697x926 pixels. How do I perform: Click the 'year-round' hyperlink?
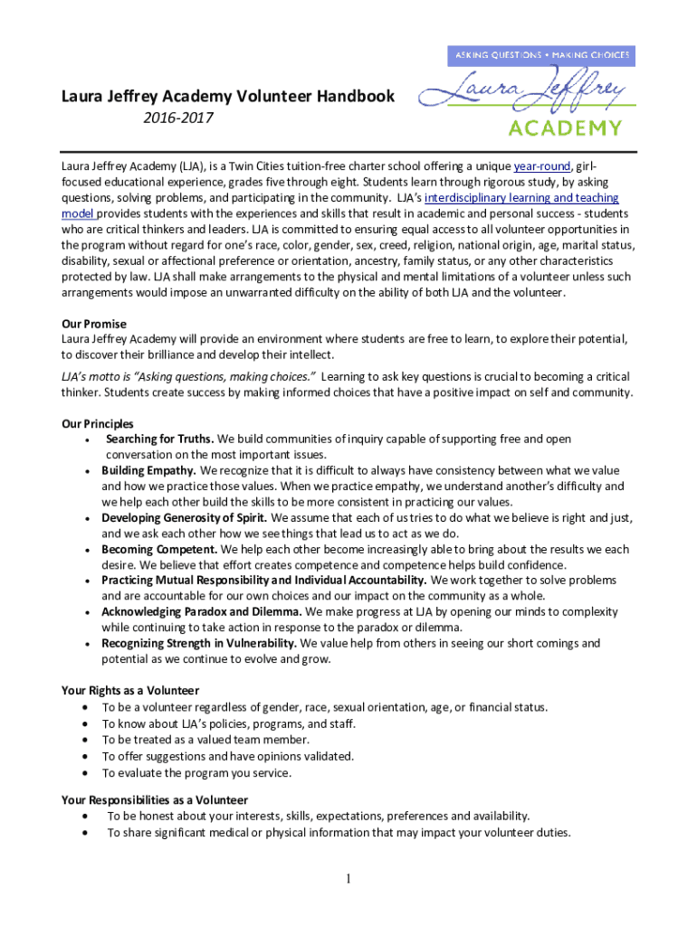[x=542, y=166]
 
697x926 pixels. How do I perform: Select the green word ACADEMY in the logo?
[x=565, y=127]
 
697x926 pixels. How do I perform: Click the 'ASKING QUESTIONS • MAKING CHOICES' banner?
[x=541, y=55]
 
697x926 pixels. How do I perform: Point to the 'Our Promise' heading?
[x=93, y=324]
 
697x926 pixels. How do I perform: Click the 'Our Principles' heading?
[x=97, y=423]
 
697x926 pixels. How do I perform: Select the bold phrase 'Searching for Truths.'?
[x=159, y=439]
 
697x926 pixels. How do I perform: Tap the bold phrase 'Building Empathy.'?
[x=148, y=471]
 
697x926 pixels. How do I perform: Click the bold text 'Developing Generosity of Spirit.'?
[x=184, y=518]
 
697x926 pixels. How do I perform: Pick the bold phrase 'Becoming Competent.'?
[x=159, y=549]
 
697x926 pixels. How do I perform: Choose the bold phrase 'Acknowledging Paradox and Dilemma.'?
[x=202, y=612]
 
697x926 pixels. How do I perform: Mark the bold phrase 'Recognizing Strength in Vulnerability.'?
[x=199, y=643]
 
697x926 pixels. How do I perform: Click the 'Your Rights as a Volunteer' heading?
[x=129, y=691]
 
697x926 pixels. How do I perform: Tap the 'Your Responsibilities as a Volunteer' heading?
[x=154, y=800]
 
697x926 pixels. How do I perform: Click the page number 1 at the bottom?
[x=348, y=879]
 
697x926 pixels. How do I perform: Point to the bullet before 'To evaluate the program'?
[x=85, y=772]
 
